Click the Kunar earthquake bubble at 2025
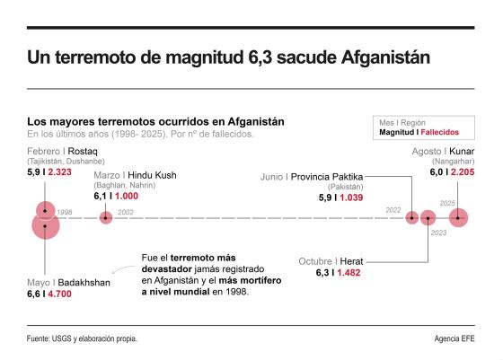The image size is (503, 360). tap(459, 216)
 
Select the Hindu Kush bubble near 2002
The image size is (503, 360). tap(106, 216)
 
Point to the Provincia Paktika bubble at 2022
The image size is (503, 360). tap(412, 216)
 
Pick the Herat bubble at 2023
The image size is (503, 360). tap(428, 216)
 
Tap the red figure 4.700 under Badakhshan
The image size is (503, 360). tap(59, 294)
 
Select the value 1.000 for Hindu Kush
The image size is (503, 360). tap(127, 195)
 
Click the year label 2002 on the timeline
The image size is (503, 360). tap(125, 212)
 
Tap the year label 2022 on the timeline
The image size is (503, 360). tap(393, 210)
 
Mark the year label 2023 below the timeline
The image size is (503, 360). tap(438, 233)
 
